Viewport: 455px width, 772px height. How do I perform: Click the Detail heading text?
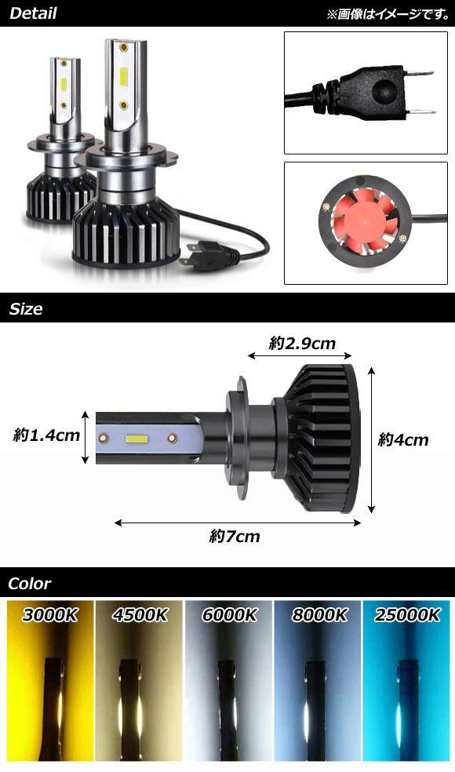33,13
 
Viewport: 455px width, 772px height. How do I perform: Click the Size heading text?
26,309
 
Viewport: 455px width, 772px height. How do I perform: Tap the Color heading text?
30,584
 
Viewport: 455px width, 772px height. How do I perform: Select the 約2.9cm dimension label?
302,343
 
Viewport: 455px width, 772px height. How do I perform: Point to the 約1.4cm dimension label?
46,435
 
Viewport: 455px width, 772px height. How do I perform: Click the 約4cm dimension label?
403,439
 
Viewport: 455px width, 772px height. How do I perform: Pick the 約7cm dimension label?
235,536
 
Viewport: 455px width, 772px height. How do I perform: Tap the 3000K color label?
50,615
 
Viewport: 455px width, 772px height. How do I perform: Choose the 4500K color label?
140,615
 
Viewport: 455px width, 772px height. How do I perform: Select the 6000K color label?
230,615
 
